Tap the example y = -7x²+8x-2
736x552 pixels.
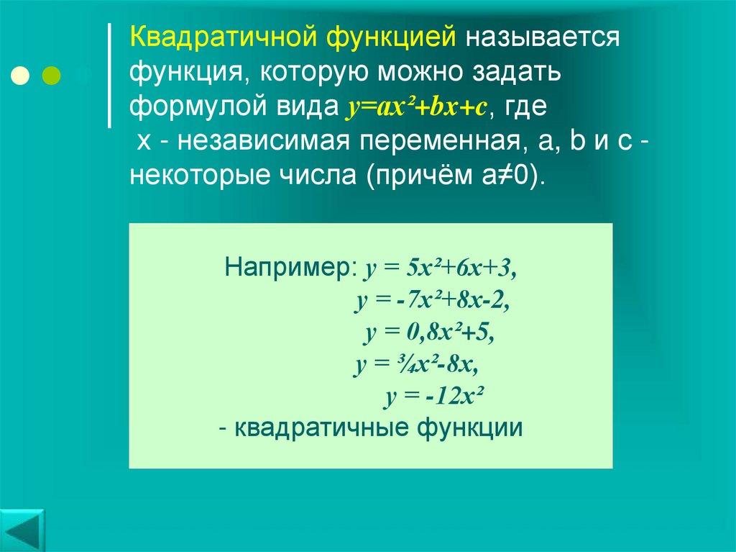tap(432, 301)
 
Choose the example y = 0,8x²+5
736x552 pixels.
tap(430, 333)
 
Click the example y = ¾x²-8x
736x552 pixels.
tap(416, 365)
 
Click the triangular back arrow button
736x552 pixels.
tap(22, 530)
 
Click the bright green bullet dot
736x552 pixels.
tap(52, 75)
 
